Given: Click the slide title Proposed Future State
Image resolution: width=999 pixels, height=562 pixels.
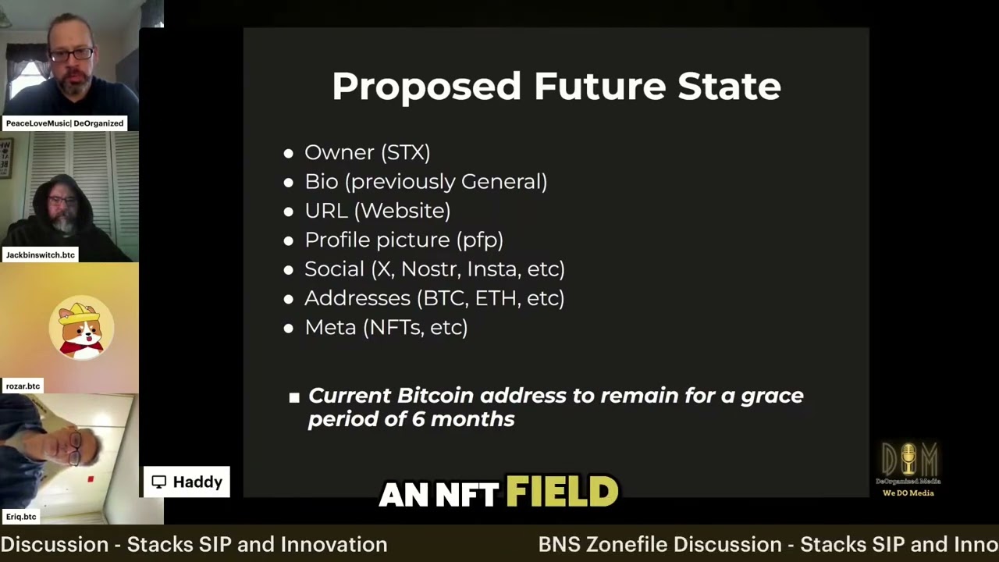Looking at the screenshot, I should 556,86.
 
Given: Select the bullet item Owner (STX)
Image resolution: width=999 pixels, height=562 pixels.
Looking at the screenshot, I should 367,152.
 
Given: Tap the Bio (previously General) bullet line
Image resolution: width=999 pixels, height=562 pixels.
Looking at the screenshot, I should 425,182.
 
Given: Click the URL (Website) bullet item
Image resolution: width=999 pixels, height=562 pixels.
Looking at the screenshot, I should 377,211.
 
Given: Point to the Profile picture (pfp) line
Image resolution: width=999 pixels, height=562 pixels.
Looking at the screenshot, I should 404,240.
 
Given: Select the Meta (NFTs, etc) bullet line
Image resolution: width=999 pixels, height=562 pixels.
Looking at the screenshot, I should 386,327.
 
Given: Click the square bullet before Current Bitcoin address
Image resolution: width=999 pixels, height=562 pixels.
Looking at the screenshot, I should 294,397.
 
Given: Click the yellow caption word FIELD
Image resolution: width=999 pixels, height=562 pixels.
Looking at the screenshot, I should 562,493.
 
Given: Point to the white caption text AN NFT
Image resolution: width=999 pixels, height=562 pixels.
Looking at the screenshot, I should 439,494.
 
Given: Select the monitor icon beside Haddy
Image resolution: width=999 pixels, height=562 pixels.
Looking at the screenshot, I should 159,482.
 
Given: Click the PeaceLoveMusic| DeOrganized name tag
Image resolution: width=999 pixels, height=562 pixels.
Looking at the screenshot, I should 65,123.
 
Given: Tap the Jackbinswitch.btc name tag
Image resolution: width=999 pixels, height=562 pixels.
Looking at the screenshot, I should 41,255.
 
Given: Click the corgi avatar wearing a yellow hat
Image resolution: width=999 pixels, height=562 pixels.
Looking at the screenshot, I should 81,329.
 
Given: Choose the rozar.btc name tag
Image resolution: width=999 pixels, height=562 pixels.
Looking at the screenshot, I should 23,386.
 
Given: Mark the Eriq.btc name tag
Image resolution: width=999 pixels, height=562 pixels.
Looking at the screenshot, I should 21,517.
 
